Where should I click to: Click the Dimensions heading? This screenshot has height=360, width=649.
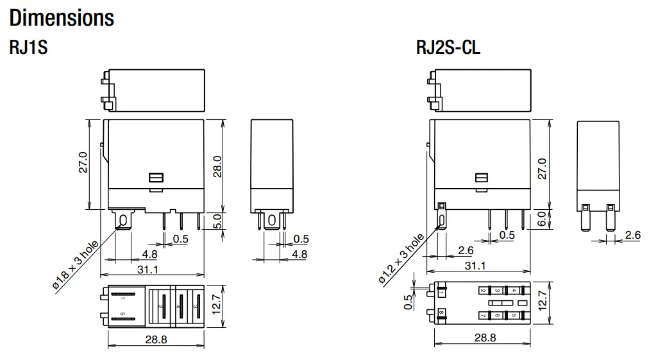coord(62,17)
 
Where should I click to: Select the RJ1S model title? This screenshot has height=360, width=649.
coord(28,48)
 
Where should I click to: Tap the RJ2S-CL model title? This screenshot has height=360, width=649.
coord(448,48)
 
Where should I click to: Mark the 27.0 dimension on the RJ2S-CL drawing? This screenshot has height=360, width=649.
coord(543,169)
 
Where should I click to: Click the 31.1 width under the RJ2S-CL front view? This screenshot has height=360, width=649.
coord(475,266)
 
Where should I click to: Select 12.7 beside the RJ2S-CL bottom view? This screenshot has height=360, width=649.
coord(543,301)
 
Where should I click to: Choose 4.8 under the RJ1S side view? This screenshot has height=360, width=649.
coord(299,254)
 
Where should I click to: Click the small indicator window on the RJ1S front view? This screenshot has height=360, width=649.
coord(154,178)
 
